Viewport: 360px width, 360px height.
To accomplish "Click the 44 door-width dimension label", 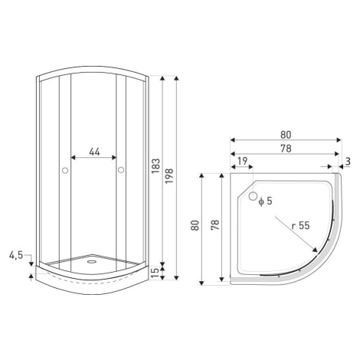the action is [94, 152].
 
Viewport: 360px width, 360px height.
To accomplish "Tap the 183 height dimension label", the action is [155, 166].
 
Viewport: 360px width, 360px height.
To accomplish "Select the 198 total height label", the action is [169, 175].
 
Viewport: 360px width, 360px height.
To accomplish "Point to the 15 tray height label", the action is [155, 273].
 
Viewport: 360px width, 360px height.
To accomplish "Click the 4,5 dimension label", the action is [16, 255].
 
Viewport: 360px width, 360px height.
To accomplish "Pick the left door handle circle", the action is [65, 170].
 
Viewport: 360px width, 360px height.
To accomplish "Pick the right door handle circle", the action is [121, 170].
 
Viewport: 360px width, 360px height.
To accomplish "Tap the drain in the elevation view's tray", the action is [91, 261].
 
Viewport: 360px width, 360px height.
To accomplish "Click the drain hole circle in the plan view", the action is [253, 196].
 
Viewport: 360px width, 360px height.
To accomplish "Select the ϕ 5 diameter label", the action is [265, 201].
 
